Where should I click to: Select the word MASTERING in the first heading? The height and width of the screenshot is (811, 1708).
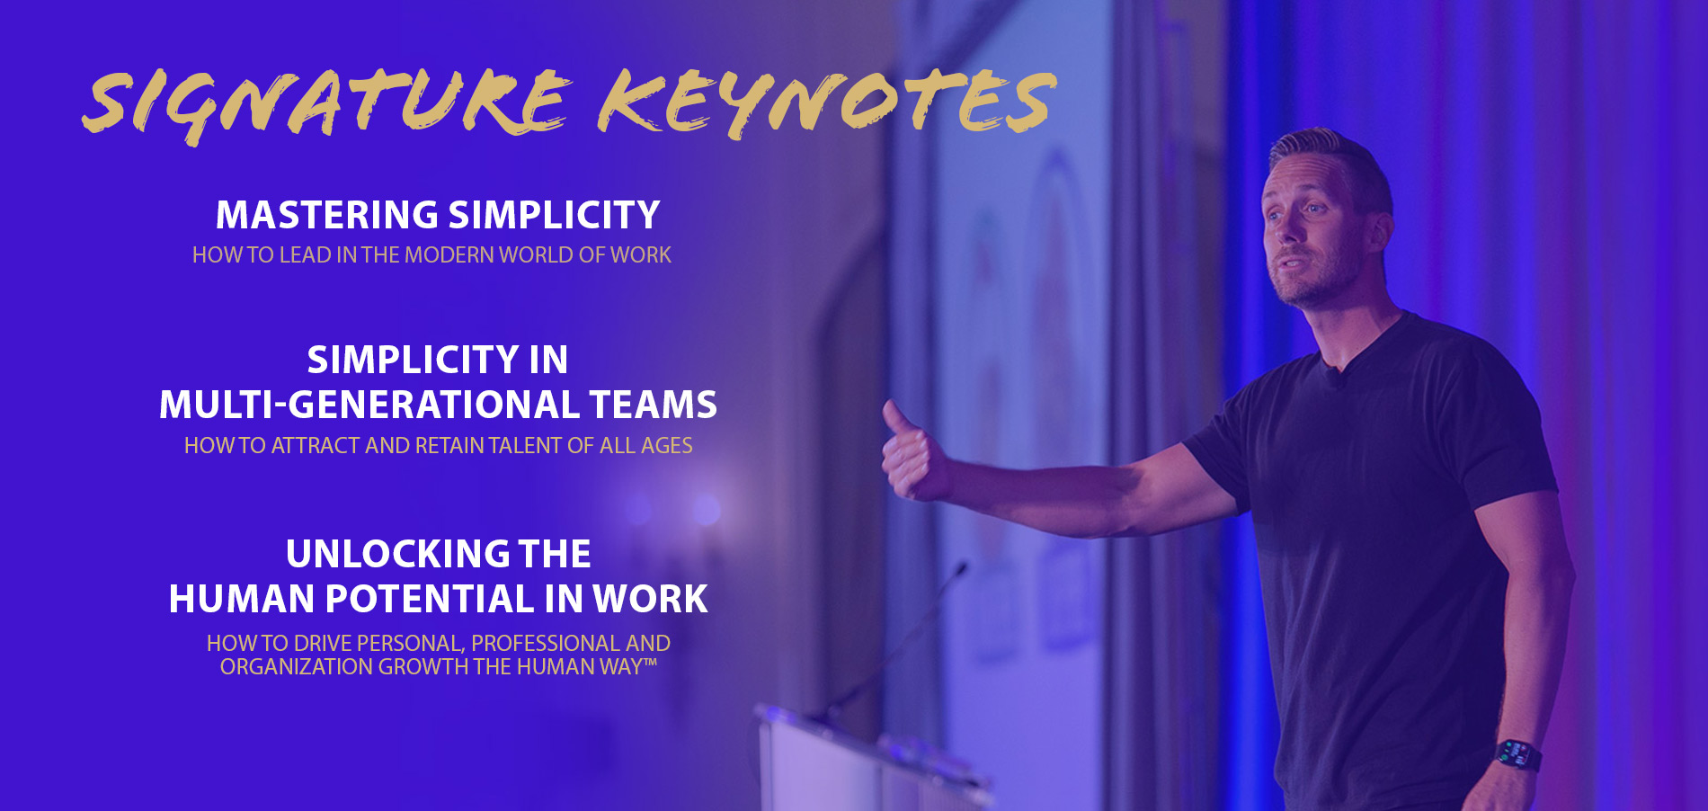coord(327,215)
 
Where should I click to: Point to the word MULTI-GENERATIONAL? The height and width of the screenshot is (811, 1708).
coord(369,405)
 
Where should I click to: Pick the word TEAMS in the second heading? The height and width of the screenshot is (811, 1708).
coord(654,405)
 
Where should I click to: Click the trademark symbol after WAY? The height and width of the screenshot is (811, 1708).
coord(650,663)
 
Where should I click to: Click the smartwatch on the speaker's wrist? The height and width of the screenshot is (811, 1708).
coord(1517,753)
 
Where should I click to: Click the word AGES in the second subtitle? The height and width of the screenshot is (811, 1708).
coord(666,446)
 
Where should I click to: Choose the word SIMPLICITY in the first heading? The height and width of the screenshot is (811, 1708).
coord(554,215)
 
